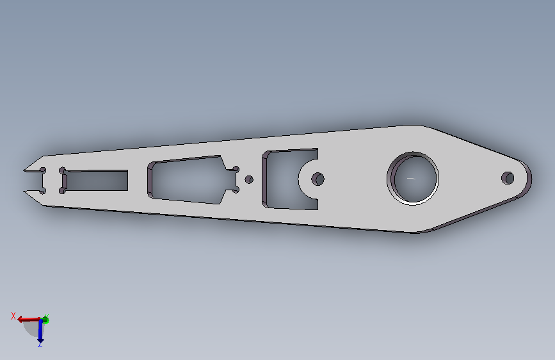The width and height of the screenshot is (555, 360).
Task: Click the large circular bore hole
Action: (413, 178)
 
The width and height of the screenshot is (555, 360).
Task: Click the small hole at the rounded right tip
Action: (508, 178)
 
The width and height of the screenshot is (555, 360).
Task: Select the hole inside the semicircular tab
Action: (318, 179)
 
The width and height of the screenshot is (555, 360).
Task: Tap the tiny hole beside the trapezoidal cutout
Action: (249, 179)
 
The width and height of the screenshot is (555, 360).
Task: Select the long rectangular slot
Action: (96, 181)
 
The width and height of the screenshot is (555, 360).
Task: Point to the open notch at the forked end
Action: (35, 181)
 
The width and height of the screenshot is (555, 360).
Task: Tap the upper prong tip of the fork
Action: (24, 170)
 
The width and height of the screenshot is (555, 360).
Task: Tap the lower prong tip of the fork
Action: (24, 191)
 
